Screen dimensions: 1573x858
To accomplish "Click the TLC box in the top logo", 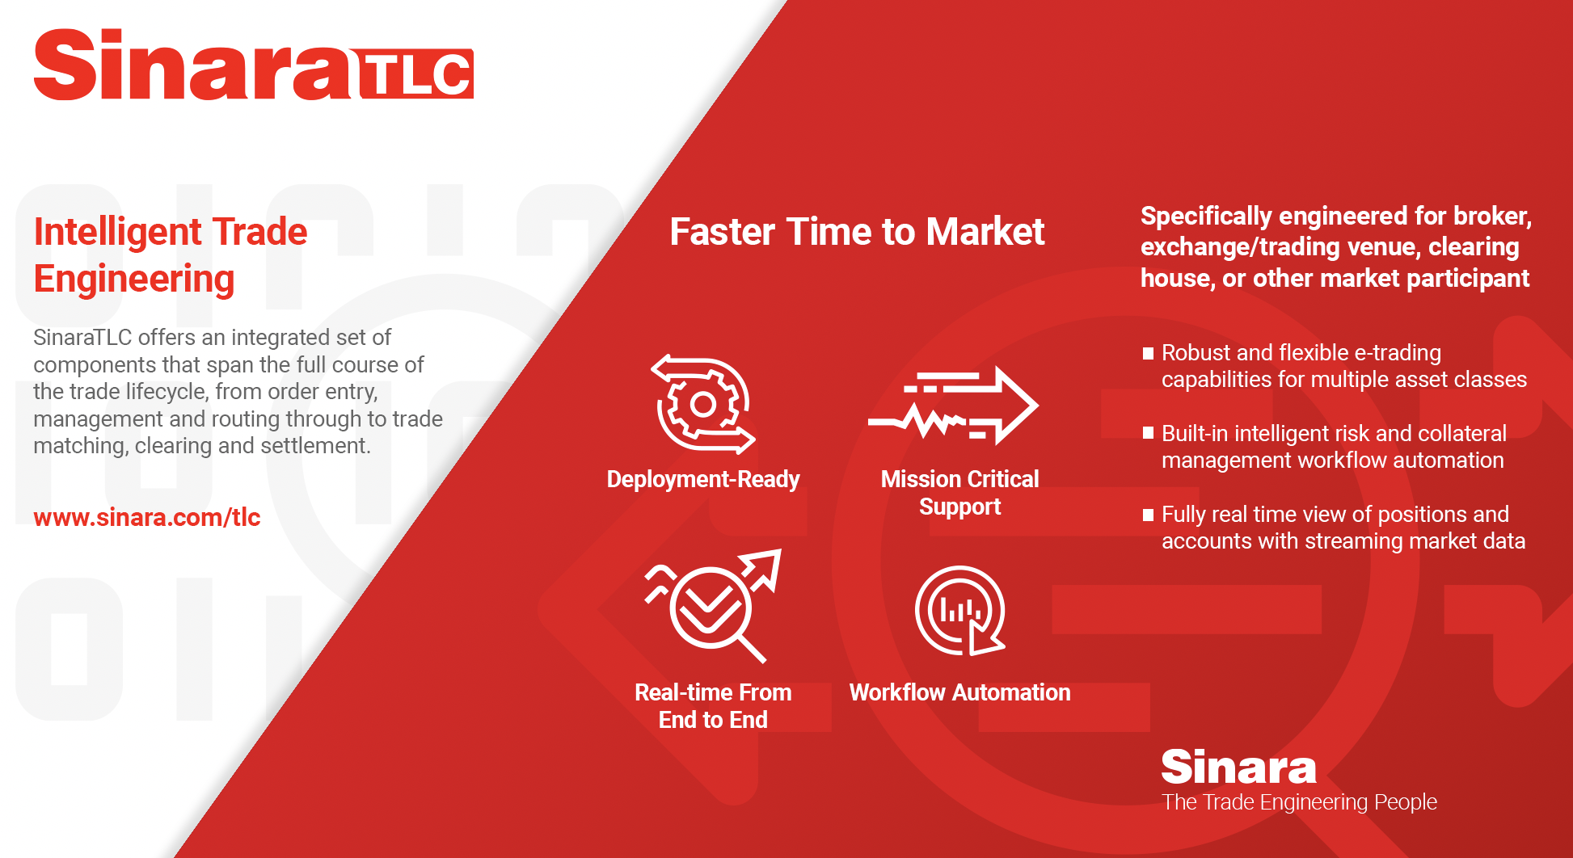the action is tap(415, 74).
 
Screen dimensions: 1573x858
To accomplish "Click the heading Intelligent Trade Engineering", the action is tap(171, 254).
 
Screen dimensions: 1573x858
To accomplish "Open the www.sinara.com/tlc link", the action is tap(147, 517).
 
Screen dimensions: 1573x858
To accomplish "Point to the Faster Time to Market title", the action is tap(857, 232).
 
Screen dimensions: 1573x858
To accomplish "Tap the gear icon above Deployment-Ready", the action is tap(702, 404).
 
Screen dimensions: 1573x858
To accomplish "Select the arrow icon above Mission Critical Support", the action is tap(953, 406).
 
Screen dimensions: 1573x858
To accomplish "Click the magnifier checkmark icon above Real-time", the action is tap(712, 606).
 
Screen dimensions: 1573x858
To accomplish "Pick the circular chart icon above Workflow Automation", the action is tap(960, 610).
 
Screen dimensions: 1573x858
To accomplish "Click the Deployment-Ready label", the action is tap(703, 479).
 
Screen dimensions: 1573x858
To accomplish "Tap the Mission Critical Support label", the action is tap(960, 493).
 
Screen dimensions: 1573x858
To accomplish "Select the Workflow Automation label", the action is tap(960, 692).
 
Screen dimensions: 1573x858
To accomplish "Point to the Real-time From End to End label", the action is tap(713, 706).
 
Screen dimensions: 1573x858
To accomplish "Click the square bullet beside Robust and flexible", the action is tap(1148, 353).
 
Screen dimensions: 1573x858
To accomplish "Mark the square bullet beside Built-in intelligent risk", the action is tap(1148, 433).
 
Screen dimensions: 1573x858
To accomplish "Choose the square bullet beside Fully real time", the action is tap(1148, 515).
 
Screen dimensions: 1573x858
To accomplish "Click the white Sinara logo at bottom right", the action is tap(1238, 767).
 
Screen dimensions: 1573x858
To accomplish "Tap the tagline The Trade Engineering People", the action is tap(1299, 802).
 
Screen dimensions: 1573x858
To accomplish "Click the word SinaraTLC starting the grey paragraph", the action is tap(82, 337).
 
